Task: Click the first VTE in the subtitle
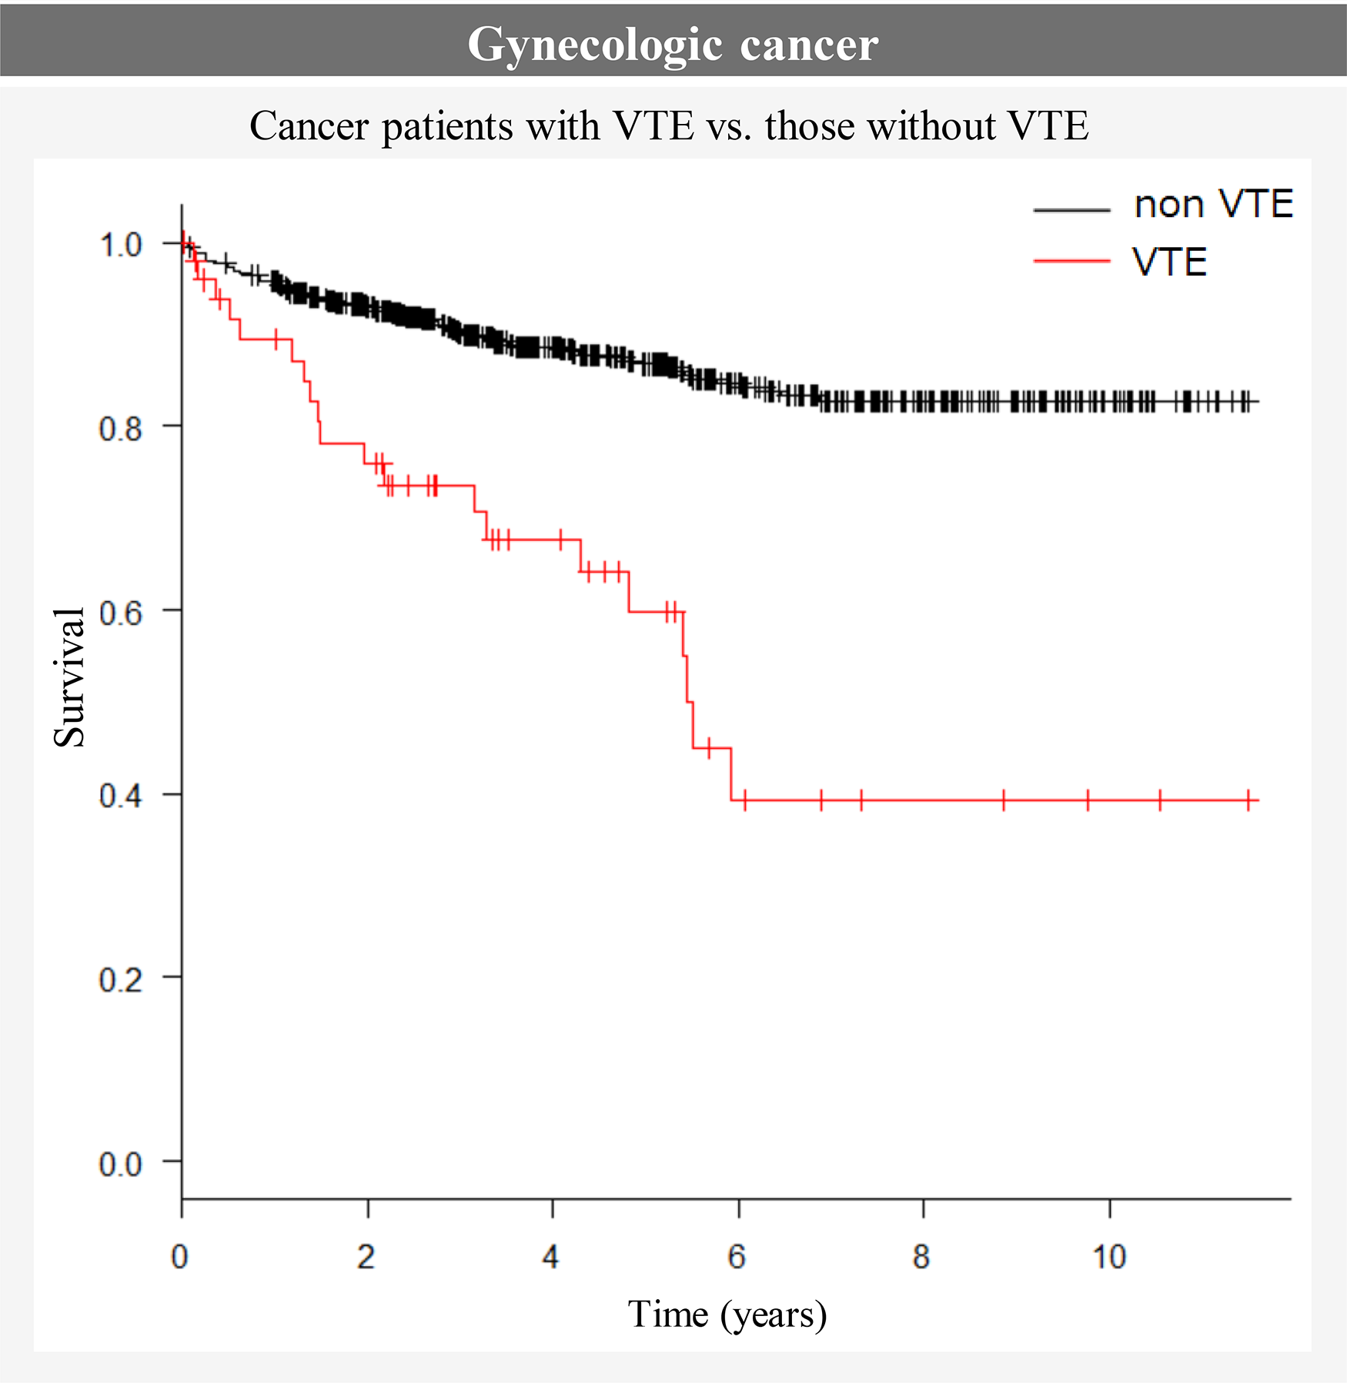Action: pyautogui.click(x=653, y=125)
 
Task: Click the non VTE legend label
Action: pyautogui.click(x=1213, y=205)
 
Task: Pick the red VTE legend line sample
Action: pyautogui.click(x=1071, y=262)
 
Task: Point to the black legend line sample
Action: pyautogui.click(x=1071, y=209)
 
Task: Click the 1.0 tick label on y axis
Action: pyautogui.click(x=121, y=245)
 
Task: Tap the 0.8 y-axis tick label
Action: pyautogui.click(x=121, y=428)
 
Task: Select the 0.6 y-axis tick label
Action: pyautogui.click(x=121, y=612)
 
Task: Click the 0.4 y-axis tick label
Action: pyautogui.click(x=121, y=795)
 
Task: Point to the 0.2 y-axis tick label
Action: pyautogui.click(x=121, y=979)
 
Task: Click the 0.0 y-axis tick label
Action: pyautogui.click(x=121, y=1163)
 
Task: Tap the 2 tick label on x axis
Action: pyautogui.click(x=366, y=1257)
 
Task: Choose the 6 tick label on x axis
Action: pyautogui.click(x=737, y=1257)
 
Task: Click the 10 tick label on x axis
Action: pyautogui.click(x=1109, y=1257)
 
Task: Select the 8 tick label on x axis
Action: pyautogui.click(x=921, y=1257)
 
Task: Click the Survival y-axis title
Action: pyautogui.click(x=69, y=676)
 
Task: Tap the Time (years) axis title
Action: pyautogui.click(x=727, y=1315)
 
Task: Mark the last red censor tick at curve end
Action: pyautogui.click(x=1248, y=800)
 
